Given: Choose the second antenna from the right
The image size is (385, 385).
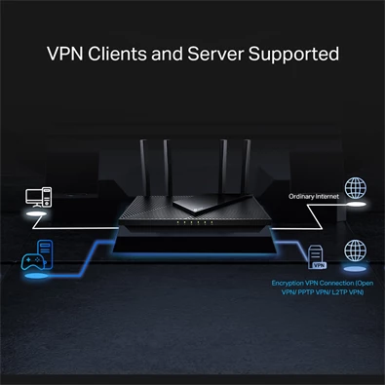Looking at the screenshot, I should point(223,166).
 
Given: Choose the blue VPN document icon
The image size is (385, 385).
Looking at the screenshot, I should point(317,257).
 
